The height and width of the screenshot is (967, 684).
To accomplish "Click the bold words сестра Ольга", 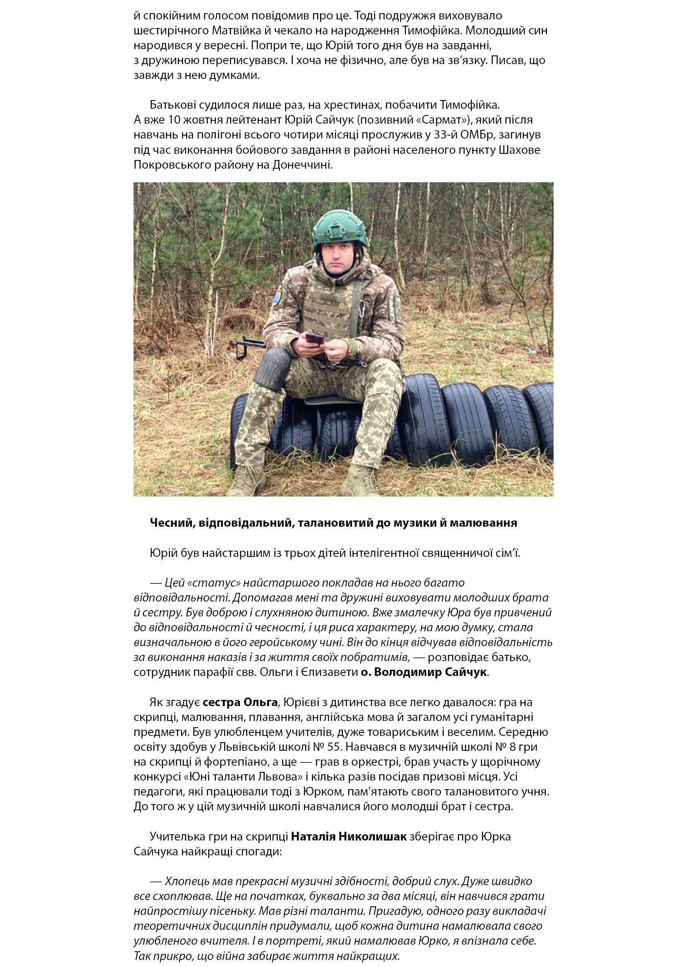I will (x=240, y=702).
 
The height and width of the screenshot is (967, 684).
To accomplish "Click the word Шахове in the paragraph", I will (x=519, y=150).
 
